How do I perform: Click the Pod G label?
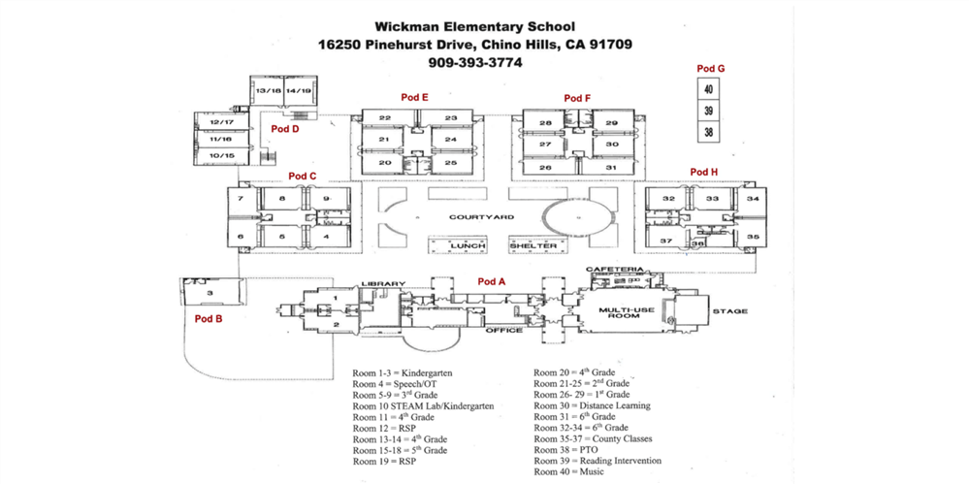pos(711,68)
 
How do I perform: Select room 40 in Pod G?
pos(709,89)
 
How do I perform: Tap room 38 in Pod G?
pos(709,132)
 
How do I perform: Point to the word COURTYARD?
pos(481,216)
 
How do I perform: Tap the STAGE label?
pos(730,312)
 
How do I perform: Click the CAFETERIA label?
pos(614,269)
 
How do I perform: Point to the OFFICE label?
pos(504,330)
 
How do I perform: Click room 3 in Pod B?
pos(210,292)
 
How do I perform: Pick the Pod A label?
pos(493,281)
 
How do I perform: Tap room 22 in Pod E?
pos(385,118)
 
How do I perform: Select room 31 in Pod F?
pos(611,168)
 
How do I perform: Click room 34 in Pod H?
pos(753,199)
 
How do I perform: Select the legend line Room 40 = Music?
pos(568,471)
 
